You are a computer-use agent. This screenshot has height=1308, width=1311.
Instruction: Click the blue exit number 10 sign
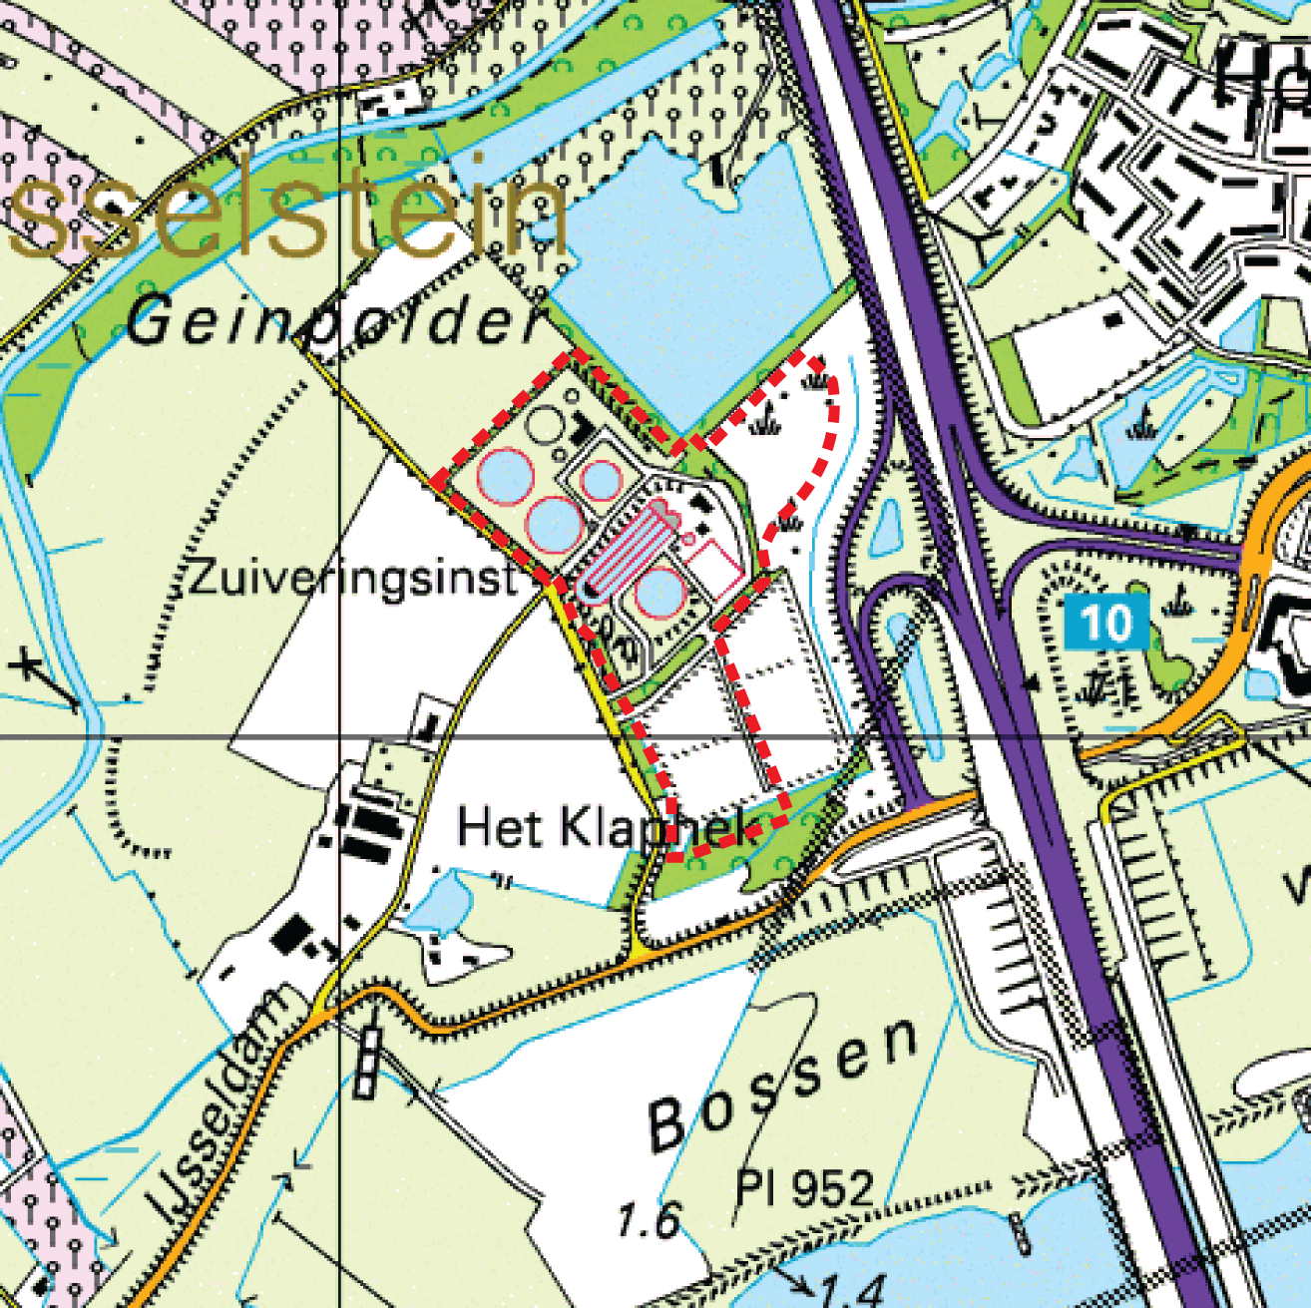[1105, 623]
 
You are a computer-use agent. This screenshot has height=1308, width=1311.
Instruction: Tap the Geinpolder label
[334, 322]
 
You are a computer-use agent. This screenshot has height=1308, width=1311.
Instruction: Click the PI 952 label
[804, 1187]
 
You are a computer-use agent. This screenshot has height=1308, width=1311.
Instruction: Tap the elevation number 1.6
[649, 1219]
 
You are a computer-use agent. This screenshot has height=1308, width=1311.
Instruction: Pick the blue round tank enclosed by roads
[602, 480]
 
